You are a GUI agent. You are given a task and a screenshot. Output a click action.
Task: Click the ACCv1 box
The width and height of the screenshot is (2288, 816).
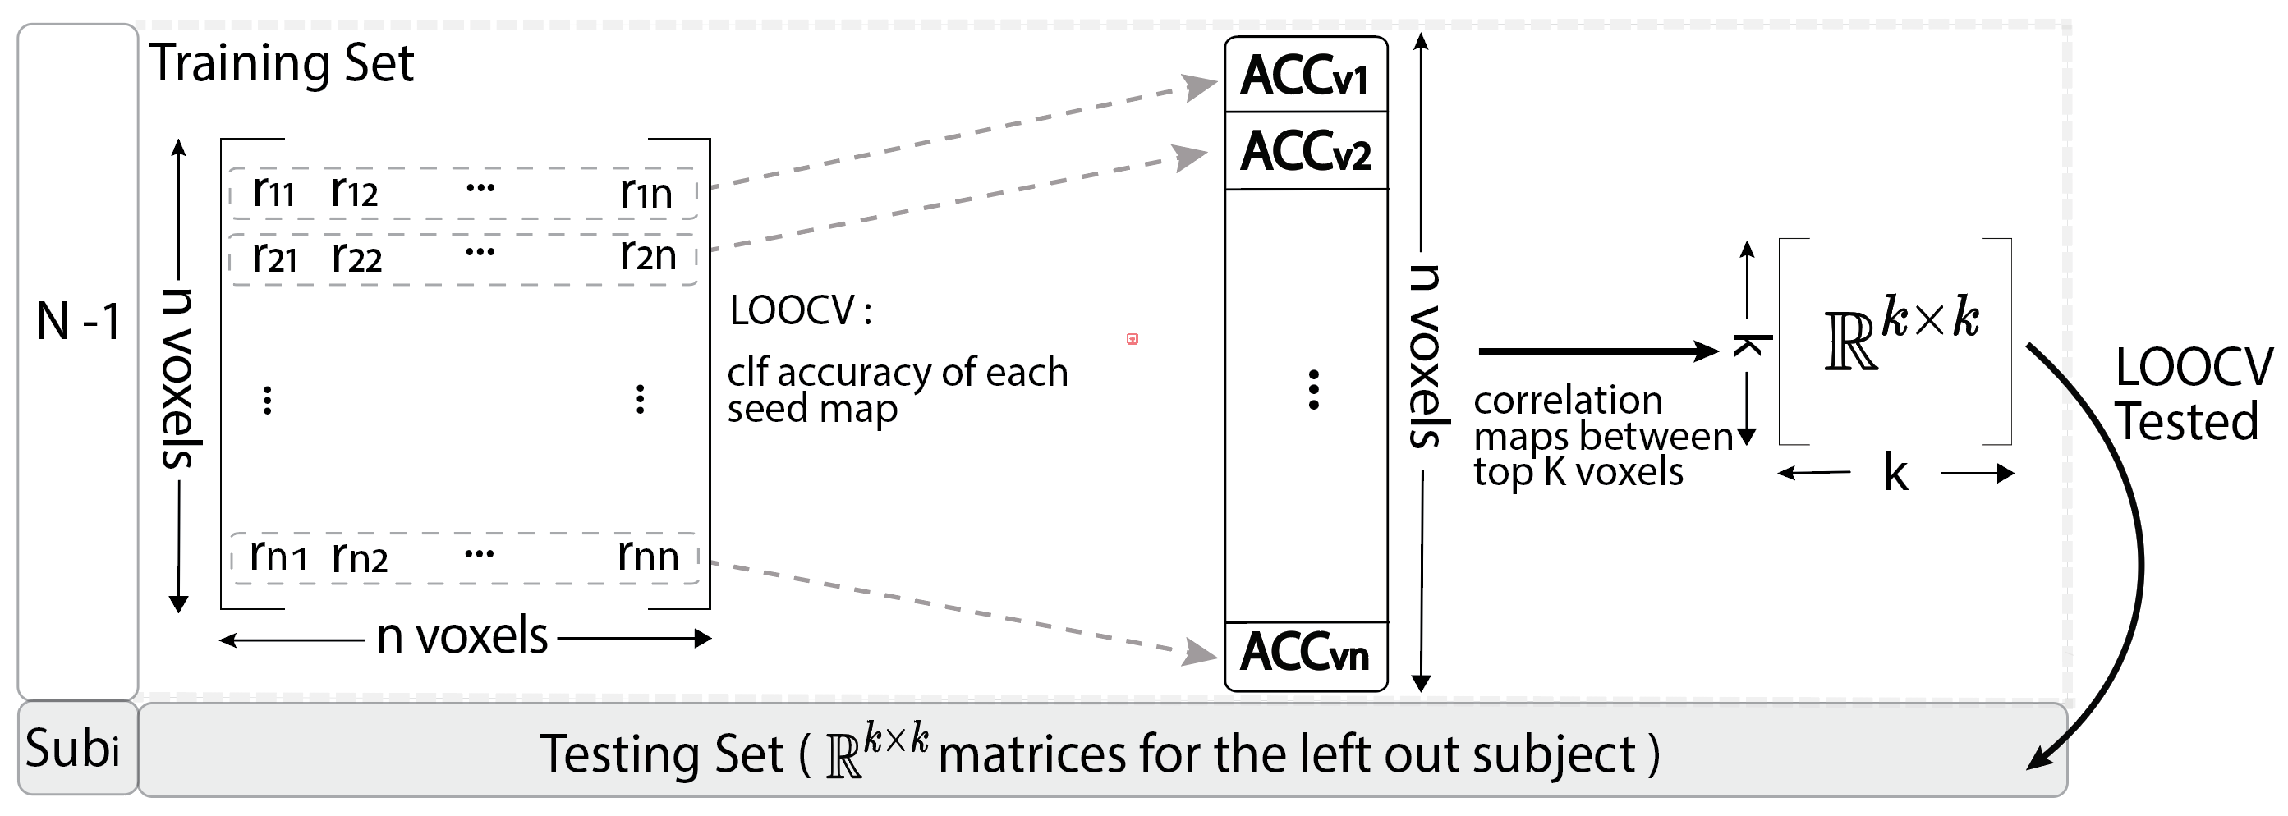coord(1305,76)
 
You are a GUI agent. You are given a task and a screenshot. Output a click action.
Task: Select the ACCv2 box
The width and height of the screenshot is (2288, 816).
coord(1305,151)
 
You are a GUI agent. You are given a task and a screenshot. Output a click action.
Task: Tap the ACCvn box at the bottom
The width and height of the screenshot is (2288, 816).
coord(1305,653)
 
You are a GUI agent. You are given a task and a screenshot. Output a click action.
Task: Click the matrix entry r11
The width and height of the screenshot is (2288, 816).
coord(273,192)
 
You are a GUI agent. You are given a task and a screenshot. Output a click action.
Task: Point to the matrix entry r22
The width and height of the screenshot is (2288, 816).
coord(356,258)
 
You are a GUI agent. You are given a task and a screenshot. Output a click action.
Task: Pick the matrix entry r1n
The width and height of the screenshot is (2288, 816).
coord(646,192)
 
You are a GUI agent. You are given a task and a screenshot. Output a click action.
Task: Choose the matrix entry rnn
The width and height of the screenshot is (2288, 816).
coord(647,557)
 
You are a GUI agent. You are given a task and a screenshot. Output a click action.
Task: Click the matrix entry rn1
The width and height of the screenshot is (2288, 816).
coord(278,557)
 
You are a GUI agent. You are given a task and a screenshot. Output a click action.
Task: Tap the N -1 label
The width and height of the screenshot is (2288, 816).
coord(78,322)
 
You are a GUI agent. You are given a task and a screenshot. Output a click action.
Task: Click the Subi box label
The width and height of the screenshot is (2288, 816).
coord(73,749)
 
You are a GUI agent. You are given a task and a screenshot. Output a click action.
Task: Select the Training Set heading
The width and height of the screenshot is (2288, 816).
coord(282,64)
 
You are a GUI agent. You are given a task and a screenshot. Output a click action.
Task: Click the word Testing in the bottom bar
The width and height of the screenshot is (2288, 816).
coord(661,754)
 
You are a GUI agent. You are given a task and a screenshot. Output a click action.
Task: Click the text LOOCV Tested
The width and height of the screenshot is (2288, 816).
coord(2192,394)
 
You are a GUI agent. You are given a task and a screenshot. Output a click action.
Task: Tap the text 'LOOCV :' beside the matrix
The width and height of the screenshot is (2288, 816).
coord(800,311)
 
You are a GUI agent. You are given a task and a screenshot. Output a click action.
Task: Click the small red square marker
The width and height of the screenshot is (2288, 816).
coord(1133,338)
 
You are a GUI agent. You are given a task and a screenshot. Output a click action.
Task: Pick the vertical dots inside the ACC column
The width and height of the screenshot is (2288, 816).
coord(1314,390)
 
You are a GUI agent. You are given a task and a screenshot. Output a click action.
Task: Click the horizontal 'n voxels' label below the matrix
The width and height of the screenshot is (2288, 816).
coord(462,637)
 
